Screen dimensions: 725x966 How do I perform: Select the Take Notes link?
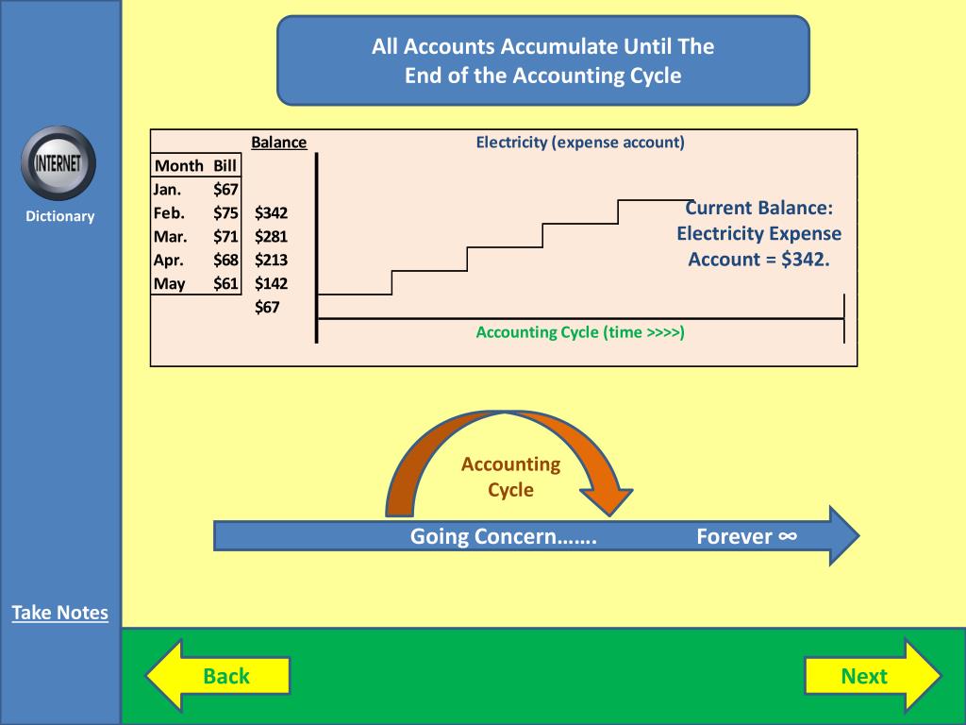pos(60,613)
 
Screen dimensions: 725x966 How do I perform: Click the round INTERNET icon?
pos(58,162)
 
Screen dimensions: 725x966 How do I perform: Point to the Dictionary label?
pos(60,216)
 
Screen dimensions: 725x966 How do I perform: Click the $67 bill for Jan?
pos(225,190)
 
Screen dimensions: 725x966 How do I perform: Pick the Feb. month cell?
pos(169,213)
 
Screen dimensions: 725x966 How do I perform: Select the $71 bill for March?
pos(225,237)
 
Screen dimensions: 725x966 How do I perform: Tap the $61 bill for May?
pos(225,283)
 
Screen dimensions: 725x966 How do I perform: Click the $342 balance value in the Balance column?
pos(271,213)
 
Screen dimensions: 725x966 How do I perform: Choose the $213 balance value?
pos(271,260)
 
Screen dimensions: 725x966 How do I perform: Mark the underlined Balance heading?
pos(278,143)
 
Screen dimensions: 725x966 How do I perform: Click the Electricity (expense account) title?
pos(580,143)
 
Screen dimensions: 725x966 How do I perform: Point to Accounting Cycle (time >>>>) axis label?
pos(580,332)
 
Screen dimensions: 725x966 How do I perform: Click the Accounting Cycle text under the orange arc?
pos(510,477)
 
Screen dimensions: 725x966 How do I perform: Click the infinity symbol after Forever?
pos(788,536)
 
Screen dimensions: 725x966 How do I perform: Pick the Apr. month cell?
pos(169,260)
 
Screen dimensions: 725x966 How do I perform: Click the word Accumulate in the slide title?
pos(560,46)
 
